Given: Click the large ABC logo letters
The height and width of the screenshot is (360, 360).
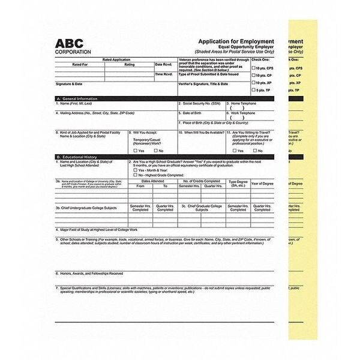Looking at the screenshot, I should (73, 44).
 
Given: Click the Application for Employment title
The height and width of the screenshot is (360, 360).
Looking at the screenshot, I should (236, 41).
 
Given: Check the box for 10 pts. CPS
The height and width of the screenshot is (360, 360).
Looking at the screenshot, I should (253, 68).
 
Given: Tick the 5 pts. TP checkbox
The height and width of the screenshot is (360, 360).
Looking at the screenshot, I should (253, 89).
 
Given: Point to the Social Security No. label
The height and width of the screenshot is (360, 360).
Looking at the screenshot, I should (200, 103).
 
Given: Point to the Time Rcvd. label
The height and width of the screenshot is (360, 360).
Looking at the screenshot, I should (164, 74).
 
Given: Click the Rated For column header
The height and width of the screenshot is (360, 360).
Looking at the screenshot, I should (80, 64).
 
